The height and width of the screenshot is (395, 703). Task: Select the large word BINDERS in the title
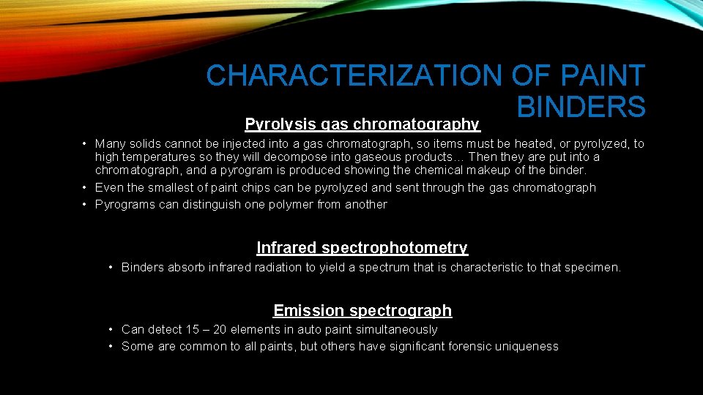[581, 107]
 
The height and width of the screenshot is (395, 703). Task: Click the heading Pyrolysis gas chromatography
[362, 124]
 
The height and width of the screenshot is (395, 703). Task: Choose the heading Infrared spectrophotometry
[362, 248]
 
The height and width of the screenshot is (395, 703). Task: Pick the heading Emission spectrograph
[362, 311]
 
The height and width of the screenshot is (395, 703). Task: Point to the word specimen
[592, 268]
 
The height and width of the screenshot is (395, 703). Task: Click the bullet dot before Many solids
[86, 144]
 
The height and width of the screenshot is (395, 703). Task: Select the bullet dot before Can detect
[111, 330]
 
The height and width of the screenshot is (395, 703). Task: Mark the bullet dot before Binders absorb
[111, 268]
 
